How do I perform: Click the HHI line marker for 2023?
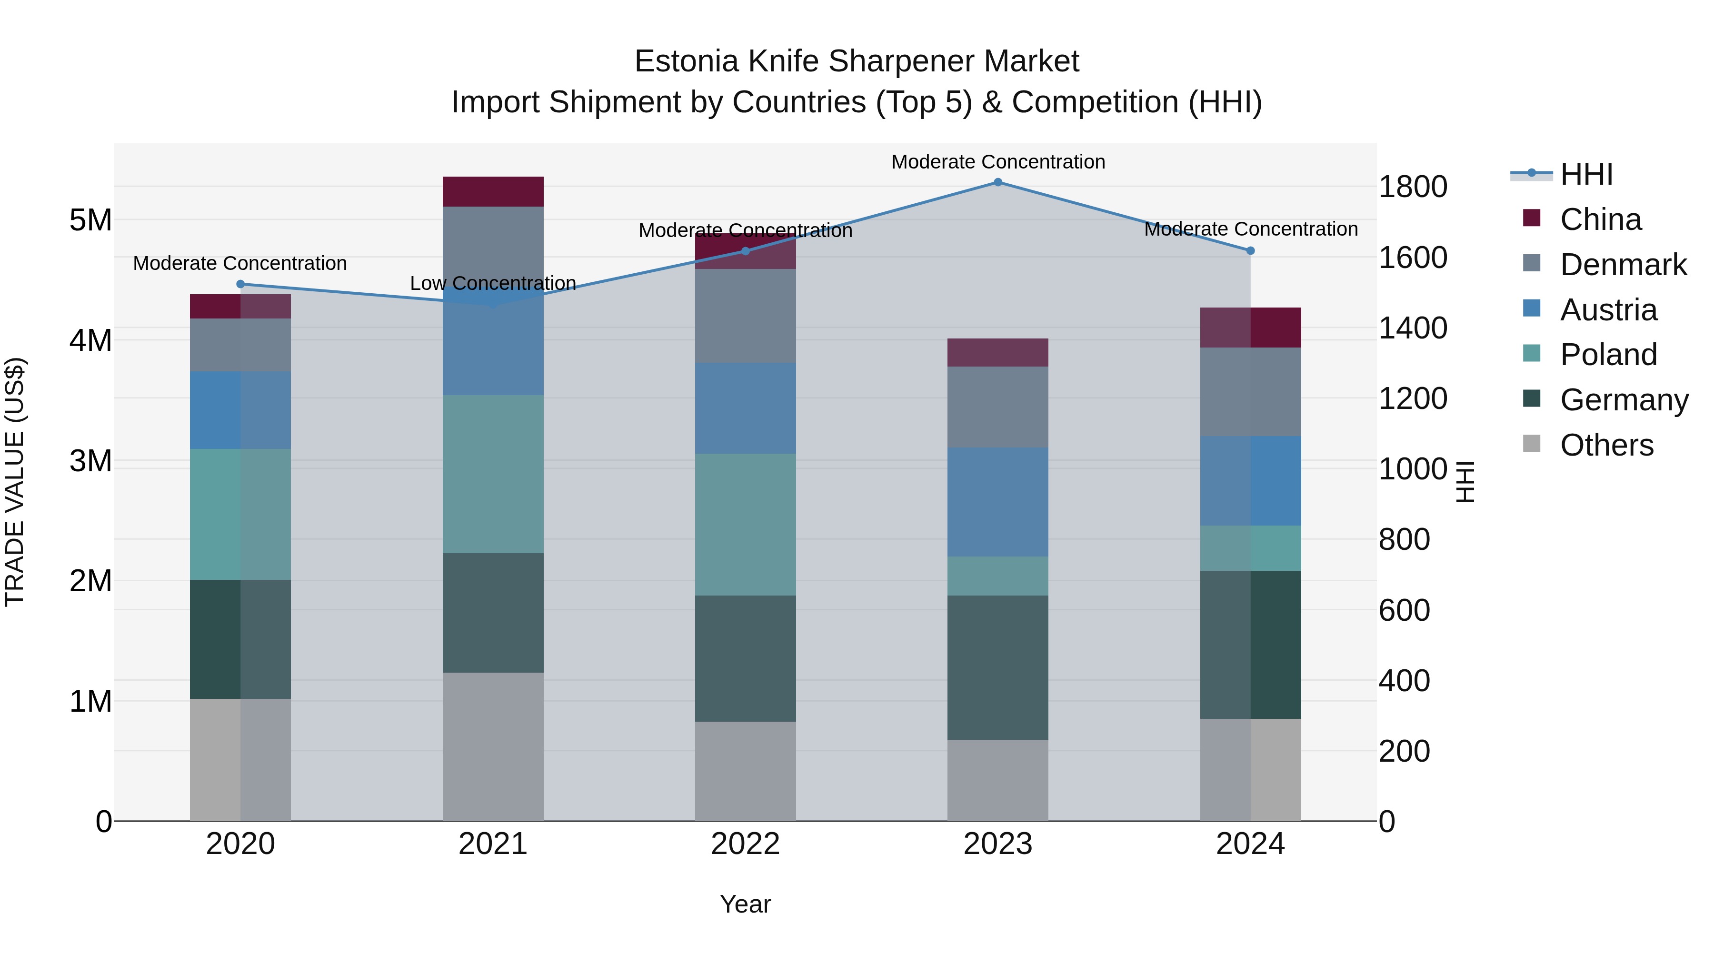[x=997, y=182]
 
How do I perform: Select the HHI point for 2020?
[x=241, y=284]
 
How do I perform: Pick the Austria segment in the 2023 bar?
[x=997, y=502]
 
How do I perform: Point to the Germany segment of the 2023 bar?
[x=997, y=667]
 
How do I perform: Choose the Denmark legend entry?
[x=1623, y=265]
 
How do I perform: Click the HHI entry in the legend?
[x=1586, y=174]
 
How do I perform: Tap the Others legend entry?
[x=1606, y=445]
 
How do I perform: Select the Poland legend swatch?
[x=1532, y=355]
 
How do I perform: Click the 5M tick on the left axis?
[x=90, y=219]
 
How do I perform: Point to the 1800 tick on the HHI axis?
[x=1412, y=187]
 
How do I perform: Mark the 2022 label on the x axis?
[x=745, y=844]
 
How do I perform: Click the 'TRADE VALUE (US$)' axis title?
[x=15, y=482]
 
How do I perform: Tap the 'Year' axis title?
[x=745, y=904]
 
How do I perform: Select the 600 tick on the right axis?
[x=1404, y=610]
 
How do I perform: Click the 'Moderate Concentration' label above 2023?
[x=997, y=162]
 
